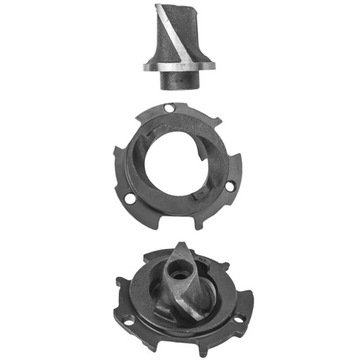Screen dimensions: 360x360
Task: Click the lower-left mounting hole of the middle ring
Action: (131, 197)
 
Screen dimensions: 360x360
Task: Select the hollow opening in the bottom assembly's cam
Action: (180, 268)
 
